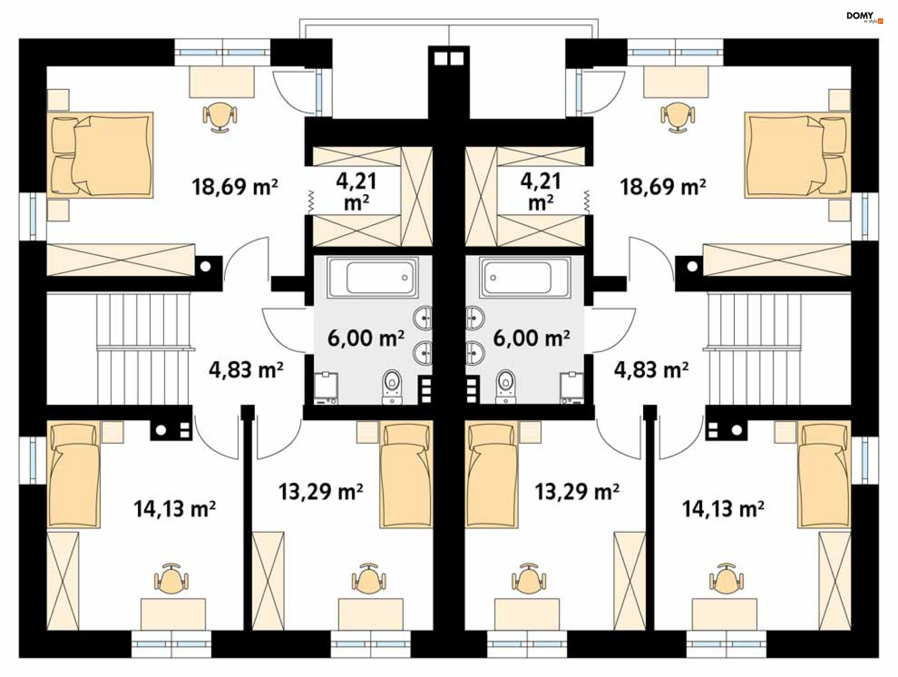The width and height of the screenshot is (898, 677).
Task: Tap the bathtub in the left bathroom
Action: tap(373, 277)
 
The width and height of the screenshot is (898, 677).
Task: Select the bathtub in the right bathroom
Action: tap(525, 277)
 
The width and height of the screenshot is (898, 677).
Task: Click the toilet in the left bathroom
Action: tap(392, 387)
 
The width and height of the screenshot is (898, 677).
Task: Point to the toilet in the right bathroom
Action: tap(506, 387)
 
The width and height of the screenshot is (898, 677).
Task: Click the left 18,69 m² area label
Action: tap(235, 187)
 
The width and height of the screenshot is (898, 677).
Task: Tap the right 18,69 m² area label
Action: tap(663, 187)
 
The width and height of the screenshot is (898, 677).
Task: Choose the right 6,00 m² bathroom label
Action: tap(531, 338)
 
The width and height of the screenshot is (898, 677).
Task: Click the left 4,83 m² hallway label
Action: tap(246, 370)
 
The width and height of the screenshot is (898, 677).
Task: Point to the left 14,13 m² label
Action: tap(174, 509)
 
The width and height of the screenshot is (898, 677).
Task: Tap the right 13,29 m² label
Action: tap(577, 492)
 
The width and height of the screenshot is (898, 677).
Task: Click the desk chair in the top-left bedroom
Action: tap(220, 116)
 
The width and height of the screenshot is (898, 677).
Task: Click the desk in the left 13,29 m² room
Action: tap(371, 614)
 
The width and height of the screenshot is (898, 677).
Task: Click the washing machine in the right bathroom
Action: tap(572, 387)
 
